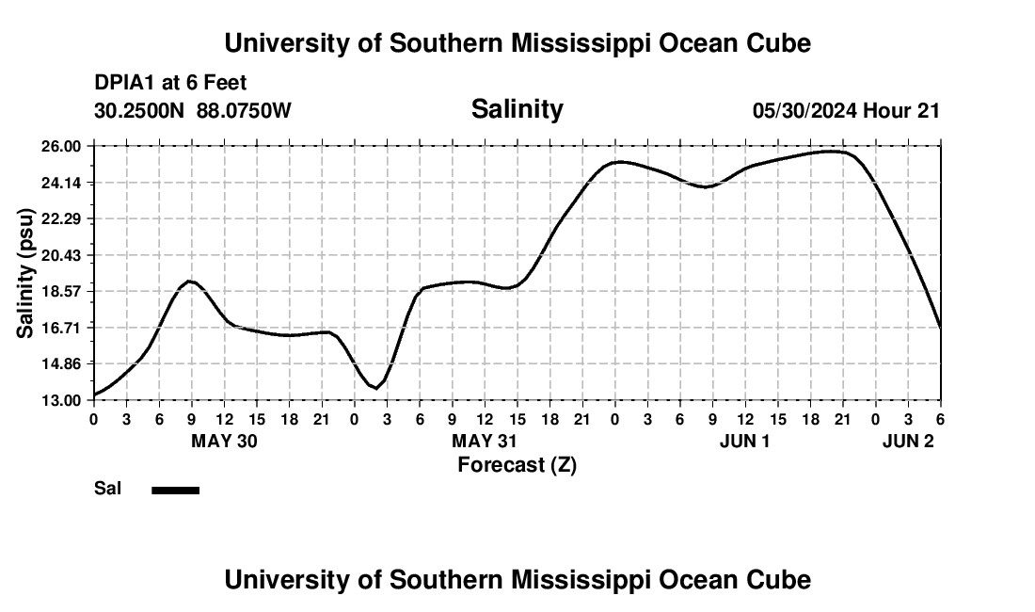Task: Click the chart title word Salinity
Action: pos(517,109)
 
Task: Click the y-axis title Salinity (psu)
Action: pos(25,273)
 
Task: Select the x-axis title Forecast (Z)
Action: pos(517,464)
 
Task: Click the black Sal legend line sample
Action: pos(175,490)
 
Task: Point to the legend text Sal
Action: pos(106,489)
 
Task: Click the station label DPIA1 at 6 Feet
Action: pos(170,84)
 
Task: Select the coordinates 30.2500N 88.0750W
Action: pos(193,111)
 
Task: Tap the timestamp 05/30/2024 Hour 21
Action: pos(846,111)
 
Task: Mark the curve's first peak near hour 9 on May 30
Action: pos(190,281)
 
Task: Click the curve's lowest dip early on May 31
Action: pos(375,388)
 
